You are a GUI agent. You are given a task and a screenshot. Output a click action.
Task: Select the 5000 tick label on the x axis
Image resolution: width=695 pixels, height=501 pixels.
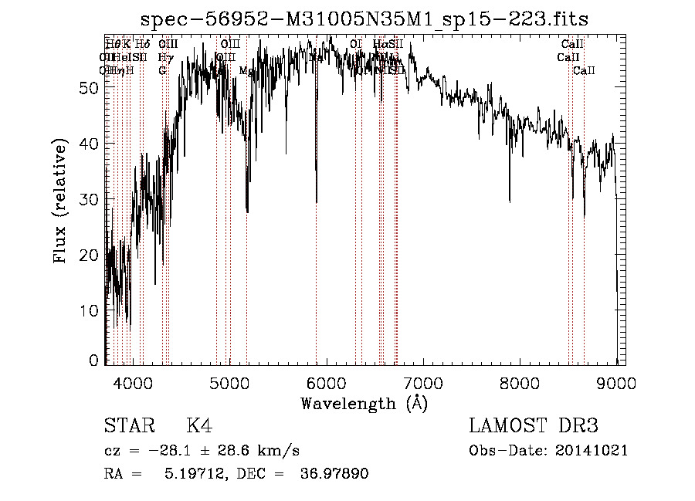229,384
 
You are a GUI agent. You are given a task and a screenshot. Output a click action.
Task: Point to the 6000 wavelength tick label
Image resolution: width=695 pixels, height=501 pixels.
327,384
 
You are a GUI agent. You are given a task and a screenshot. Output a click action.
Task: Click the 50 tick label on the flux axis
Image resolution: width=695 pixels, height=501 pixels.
89,88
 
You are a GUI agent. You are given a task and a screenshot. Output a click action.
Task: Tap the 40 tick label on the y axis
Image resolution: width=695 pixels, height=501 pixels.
89,144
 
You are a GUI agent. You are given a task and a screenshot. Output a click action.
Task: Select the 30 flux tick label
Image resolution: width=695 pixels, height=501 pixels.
89,199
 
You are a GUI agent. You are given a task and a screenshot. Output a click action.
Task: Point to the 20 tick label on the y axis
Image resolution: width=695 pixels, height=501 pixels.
89,255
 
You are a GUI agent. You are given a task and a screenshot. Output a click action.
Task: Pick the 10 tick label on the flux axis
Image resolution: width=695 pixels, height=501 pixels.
89,310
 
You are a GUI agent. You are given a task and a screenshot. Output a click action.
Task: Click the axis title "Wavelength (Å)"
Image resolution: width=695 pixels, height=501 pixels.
364,404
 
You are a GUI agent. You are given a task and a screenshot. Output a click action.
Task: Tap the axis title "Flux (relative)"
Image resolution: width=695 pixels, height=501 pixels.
61,201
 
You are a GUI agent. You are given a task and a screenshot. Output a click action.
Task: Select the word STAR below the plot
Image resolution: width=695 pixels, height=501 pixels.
129,426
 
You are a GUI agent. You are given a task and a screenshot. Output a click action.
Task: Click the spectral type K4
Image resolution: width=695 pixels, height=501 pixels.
199,426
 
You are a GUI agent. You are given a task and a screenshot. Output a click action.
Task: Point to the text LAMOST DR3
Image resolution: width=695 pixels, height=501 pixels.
534,426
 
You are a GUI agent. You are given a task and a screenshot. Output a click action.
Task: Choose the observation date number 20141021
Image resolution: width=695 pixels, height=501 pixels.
591,451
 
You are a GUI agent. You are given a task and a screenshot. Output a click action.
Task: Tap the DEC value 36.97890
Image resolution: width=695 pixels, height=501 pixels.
334,474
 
